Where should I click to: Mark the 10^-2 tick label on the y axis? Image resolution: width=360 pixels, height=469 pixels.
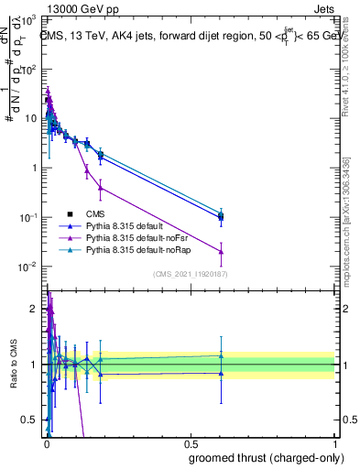pos(27,267)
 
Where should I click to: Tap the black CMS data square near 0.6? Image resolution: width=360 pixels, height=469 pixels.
pos(221,217)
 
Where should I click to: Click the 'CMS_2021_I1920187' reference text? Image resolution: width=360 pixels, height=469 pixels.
pos(190,274)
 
